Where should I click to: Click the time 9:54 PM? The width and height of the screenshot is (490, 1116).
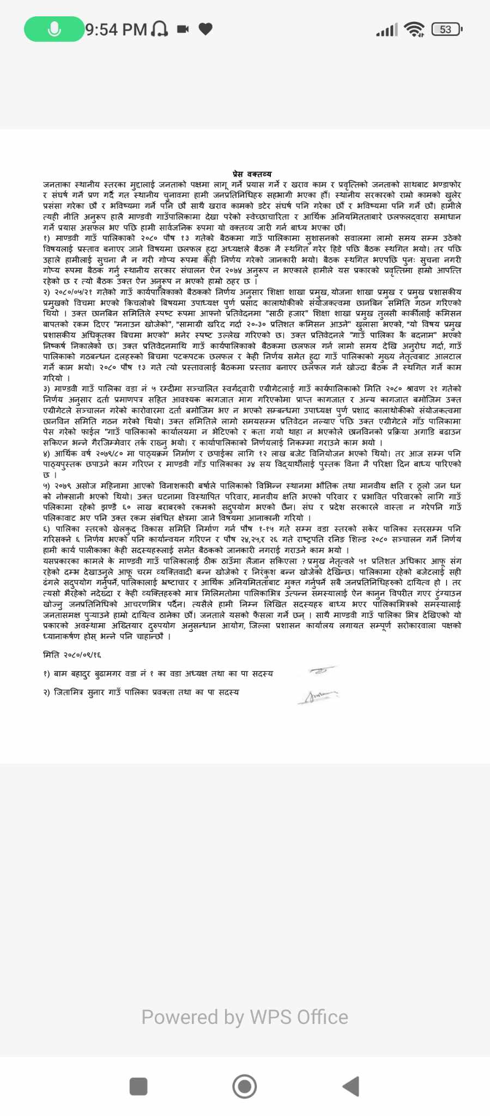[117, 29]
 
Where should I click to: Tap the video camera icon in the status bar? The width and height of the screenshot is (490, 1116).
[183, 29]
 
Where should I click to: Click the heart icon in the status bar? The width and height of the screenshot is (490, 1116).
[205, 29]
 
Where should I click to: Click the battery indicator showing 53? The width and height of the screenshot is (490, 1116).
[446, 29]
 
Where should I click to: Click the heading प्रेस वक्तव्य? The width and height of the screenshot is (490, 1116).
[252, 174]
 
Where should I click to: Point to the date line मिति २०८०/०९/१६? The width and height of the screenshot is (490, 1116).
[72, 654]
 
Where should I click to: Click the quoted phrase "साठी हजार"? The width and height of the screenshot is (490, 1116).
[287, 314]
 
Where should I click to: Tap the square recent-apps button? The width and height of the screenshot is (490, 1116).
[138, 1086]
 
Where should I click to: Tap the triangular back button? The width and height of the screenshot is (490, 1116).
[352, 1086]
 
